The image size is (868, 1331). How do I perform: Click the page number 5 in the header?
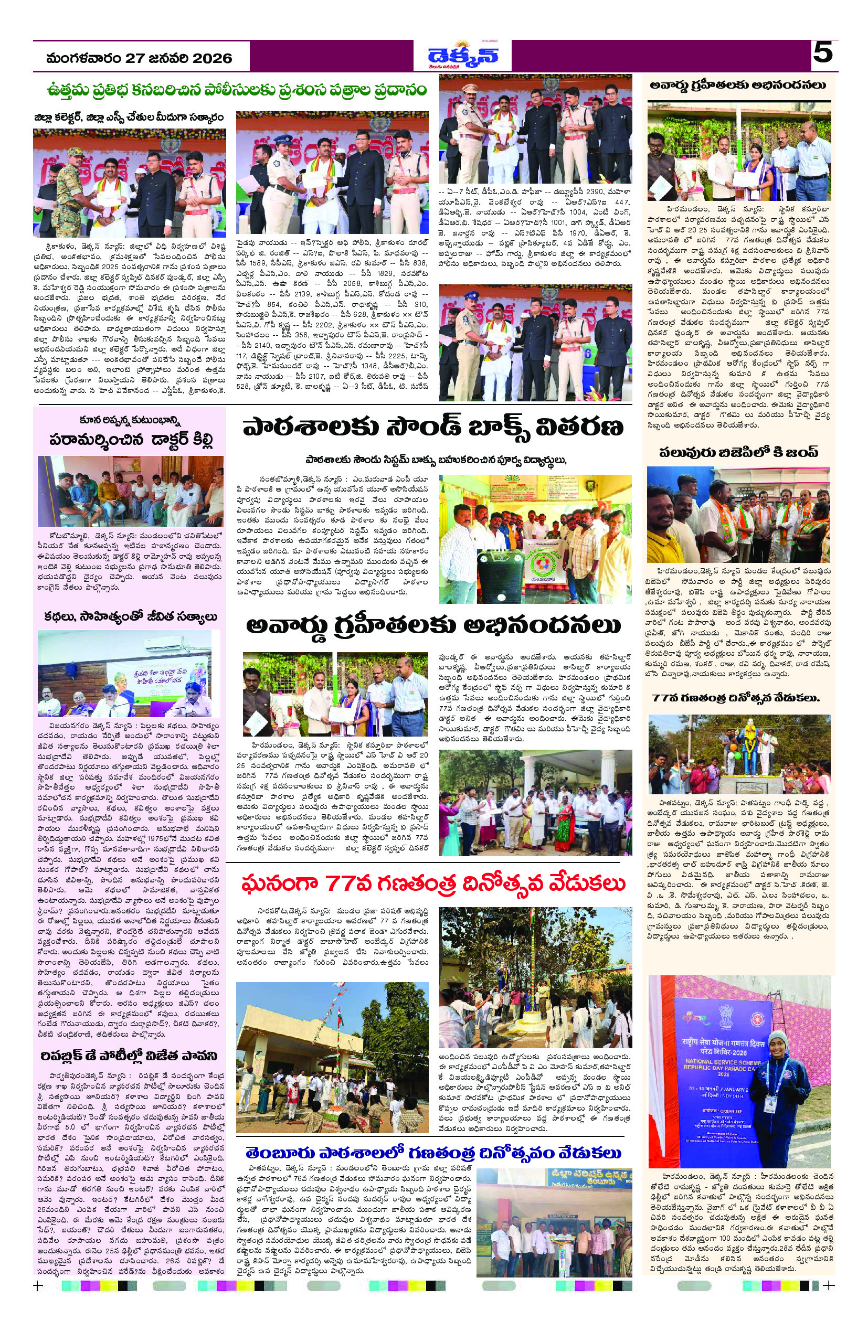point(822,54)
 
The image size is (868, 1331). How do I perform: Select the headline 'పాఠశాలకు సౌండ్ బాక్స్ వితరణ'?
point(433,430)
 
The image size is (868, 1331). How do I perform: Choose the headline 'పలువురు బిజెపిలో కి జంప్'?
point(738,452)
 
